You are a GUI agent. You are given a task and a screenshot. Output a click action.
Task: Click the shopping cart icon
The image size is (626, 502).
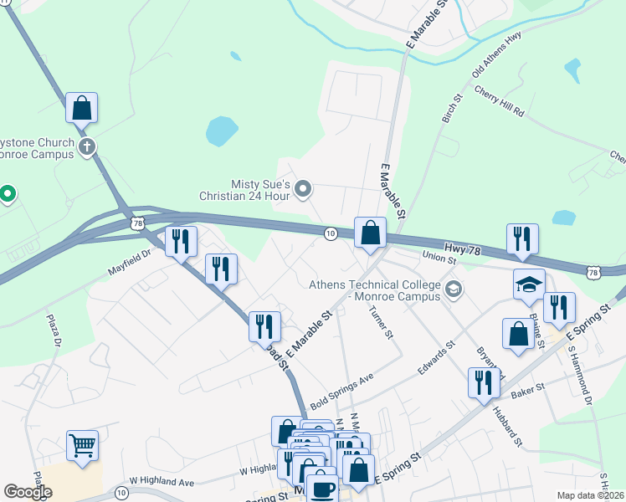[x=83, y=445]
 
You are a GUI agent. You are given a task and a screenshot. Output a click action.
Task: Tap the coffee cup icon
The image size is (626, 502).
[x=322, y=489]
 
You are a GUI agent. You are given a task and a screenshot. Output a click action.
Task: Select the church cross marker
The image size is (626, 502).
[x=86, y=148]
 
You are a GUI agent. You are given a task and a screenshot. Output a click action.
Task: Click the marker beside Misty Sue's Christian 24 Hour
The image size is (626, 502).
[x=303, y=190]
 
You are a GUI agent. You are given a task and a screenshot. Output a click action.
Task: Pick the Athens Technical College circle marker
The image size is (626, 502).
[x=453, y=290]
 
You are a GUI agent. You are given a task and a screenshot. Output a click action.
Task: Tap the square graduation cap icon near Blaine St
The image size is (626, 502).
[x=529, y=284]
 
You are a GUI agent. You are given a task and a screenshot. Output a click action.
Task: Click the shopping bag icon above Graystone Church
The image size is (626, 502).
[x=81, y=108]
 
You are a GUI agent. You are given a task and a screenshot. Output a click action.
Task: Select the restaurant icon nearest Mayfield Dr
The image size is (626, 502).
[x=181, y=241]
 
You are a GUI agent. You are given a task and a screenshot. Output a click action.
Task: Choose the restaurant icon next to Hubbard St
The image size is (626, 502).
[x=484, y=382]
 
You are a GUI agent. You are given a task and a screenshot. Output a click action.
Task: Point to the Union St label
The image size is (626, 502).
[x=439, y=259]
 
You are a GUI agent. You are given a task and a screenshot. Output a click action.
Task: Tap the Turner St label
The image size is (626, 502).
[x=381, y=322]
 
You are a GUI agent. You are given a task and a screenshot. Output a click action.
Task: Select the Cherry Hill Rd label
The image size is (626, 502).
[x=499, y=100]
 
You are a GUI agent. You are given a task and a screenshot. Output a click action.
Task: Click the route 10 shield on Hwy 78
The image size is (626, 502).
[x=331, y=233]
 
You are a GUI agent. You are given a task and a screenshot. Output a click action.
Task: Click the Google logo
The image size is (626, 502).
[x=28, y=492]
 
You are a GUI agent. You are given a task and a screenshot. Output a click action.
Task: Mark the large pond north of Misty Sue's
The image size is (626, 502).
[x=221, y=131]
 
